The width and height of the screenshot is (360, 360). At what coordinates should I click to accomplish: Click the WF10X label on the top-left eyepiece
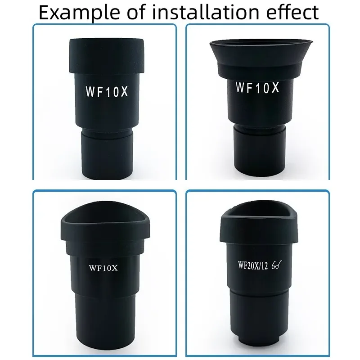coord(107,92)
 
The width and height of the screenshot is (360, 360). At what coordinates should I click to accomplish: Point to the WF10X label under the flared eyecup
coord(257,87)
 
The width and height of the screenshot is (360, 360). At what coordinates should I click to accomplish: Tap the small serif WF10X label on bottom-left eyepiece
coord(103,268)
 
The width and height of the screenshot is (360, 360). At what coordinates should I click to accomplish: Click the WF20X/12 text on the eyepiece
coord(253,265)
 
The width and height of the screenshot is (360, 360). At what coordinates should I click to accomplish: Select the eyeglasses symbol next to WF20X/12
coord(277,265)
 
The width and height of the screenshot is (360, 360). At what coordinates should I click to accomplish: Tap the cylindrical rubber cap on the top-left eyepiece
coord(107,56)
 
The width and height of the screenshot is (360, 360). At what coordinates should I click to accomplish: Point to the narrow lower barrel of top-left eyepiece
coord(107,154)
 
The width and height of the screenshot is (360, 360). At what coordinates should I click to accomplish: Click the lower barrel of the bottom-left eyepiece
coord(105,324)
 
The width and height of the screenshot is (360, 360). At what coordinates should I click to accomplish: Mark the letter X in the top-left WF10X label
coord(124,92)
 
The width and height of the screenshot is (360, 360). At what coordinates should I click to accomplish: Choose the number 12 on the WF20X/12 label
coord(264,266)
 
